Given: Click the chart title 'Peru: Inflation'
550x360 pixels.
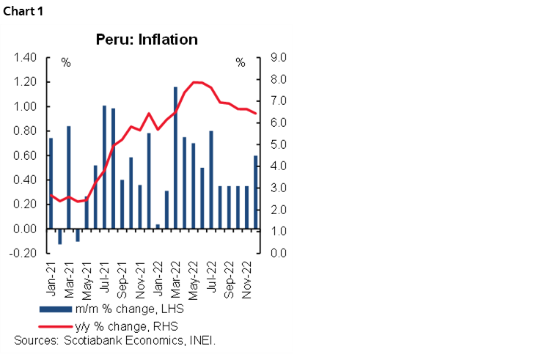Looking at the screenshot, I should [147, 40].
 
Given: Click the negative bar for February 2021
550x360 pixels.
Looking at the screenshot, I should [59, 236].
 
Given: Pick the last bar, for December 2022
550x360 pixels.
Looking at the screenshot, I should [255, 192].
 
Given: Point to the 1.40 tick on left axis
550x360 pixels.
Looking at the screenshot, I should [25, 57].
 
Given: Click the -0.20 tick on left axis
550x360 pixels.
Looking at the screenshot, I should [25, 254].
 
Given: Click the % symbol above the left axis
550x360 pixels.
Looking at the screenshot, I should [66, 63].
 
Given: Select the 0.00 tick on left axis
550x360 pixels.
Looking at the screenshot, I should [25, 229].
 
